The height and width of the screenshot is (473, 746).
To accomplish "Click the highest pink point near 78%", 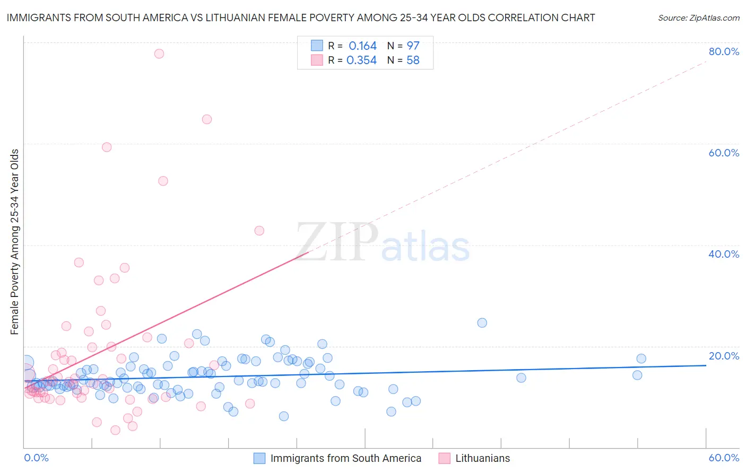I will click(x=159, y=54).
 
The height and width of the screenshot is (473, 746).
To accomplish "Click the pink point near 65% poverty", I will click(x=207, y=119).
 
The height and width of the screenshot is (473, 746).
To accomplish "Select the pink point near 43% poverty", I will click(x=259, y=231).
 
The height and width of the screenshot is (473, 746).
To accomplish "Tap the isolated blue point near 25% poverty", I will click(x=482, y=323).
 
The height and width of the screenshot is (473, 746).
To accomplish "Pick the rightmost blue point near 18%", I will click(x=641, y=358).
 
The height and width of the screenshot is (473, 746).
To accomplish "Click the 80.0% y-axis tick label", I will click(x=724, y=51).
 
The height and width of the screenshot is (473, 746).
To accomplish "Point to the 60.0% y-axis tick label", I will click(x=724, y=153).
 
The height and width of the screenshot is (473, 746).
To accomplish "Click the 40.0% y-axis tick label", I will click(x=724, y=254).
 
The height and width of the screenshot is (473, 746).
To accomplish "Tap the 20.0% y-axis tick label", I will click(x=724, y=356).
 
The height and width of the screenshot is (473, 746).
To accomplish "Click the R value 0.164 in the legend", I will click(x=362, y=46).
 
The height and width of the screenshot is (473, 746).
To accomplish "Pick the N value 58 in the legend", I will click(x=413, y=60).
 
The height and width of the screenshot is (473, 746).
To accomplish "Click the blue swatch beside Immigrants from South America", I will click(x=259, y=458).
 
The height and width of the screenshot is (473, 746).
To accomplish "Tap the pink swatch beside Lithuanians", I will click(x=445, y=458).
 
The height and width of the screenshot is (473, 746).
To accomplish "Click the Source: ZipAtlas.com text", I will click(x=698, y=18).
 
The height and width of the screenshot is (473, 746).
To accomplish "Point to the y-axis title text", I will click(x=15, y=242).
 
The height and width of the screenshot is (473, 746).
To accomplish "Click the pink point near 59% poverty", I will click(x=107, y=147).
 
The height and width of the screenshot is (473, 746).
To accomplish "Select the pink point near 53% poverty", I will click(x=163, y=181).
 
